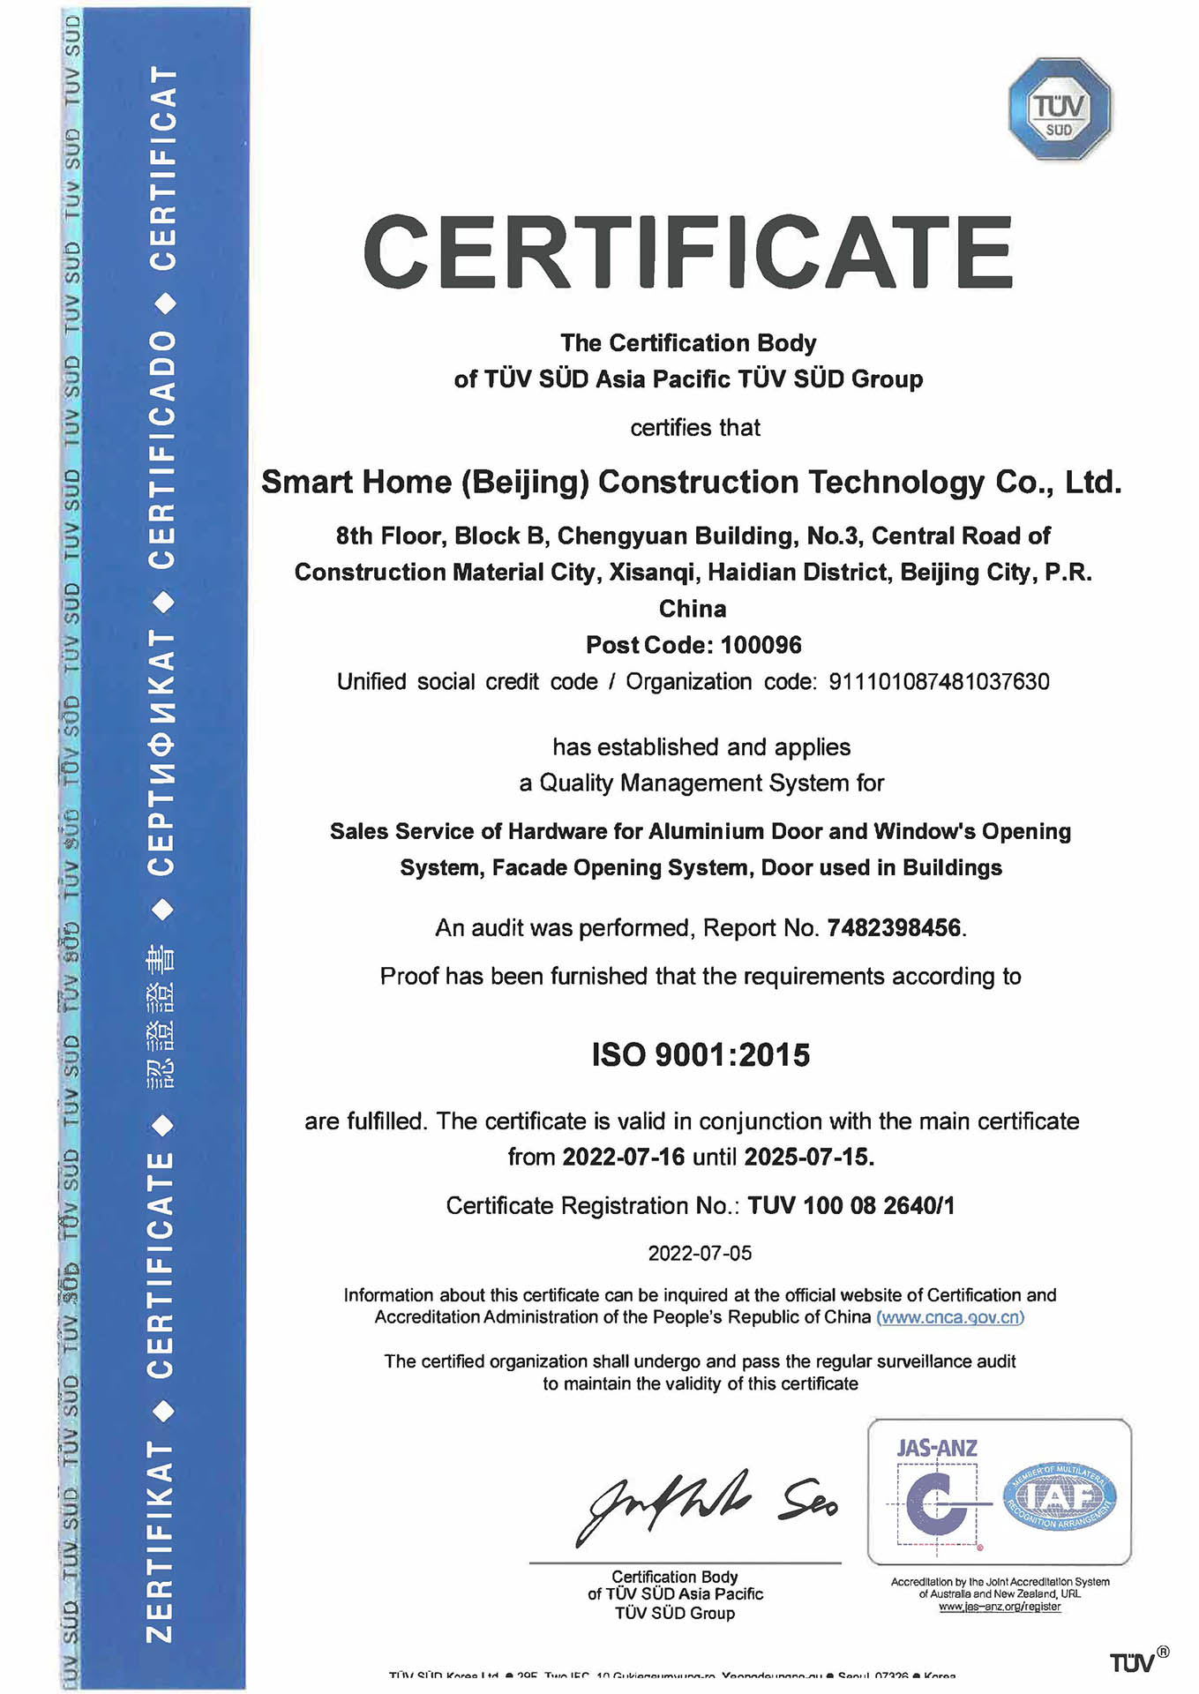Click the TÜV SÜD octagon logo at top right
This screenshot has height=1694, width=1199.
(1059, 109)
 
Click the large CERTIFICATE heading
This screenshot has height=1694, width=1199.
(687, 252)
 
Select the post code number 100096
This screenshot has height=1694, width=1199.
(761, 646)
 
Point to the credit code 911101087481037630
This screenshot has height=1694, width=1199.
(939, 682)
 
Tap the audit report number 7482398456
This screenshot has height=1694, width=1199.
(893, 928)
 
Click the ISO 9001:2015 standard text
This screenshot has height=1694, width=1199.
(701, 1055)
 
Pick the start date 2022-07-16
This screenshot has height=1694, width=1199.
(623, 1157)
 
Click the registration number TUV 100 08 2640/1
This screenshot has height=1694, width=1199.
(851, 1206)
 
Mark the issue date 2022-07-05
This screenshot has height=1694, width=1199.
(700, 1254)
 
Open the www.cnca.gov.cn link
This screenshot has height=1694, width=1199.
(950, 1317)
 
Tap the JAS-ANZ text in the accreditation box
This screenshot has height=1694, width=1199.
(936, 1448)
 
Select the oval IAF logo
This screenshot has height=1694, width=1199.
(1059, 1496)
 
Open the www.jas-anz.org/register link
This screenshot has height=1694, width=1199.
(1000, 1607)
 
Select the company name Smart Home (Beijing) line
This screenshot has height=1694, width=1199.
(691, 483)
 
